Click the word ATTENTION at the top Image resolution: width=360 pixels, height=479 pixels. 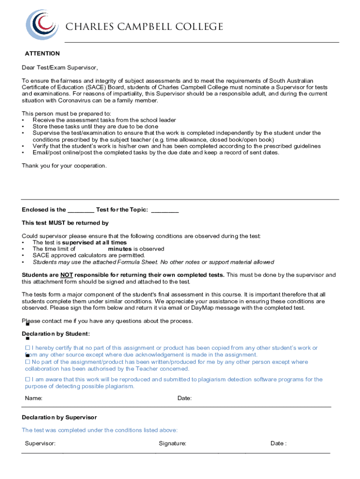tap(42, 54)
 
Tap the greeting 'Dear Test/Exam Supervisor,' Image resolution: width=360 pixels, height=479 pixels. tap(60, 67)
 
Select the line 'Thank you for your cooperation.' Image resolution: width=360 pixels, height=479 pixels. tap(64, 166)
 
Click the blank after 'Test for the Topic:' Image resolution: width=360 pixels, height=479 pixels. tap(165, 210)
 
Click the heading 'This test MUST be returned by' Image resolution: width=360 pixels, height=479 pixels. tap(65, 223)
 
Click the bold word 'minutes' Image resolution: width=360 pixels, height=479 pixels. tap(120, 249)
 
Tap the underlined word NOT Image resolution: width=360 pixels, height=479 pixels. tap(66, 275)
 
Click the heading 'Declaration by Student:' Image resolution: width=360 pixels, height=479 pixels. tap(56, 334)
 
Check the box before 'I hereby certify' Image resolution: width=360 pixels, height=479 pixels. tap(27, 348)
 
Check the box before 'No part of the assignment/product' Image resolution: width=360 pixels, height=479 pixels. tap(27, 362)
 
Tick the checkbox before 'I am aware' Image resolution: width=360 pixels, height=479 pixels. tap(27, 379)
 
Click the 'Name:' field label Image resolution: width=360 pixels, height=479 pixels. tap(34, 399)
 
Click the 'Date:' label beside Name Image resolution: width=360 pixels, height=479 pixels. tap(184, 399)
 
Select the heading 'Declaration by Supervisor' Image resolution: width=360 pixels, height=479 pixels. tap(59, 417)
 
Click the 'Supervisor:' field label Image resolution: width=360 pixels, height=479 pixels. tap(40, 443)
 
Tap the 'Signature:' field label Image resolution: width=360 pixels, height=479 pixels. tap(172, 443)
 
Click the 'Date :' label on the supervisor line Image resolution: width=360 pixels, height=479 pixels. tap(278, 443)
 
